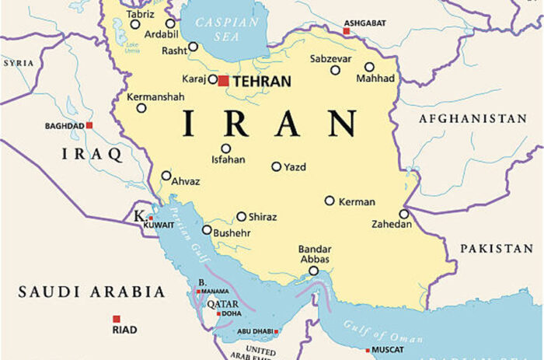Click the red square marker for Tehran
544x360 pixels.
coord(223,81)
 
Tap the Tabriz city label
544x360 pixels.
coord(140,13)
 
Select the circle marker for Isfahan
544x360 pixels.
coord(225,149)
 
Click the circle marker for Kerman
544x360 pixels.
coord(330,201)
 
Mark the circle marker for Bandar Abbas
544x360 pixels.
coord(313,271)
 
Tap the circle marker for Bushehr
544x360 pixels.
coord(207,230)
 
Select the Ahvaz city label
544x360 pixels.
coord(185,182)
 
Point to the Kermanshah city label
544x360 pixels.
coord(156,97)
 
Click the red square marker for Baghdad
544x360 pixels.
coord(89,125)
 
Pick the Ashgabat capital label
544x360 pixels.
coord(364,23)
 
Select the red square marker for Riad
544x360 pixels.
coord(117,319)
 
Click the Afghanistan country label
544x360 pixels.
coord(473,119)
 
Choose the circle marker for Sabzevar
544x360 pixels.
coord(335,70)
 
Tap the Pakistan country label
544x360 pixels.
coord(496,248)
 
